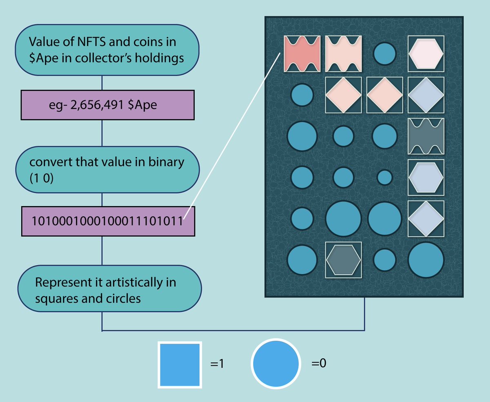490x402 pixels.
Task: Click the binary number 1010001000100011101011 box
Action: [108, 221]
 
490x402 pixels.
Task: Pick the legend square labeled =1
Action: [180, 364]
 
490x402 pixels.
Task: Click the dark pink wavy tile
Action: [302, 53]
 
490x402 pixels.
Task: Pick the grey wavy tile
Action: [426, 136]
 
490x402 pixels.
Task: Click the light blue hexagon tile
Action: [425, 176]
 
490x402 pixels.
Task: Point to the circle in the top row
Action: [385, 53]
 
